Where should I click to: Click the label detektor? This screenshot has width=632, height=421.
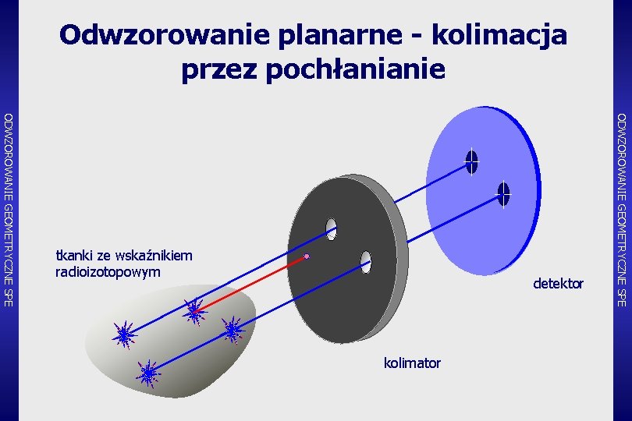coord(558,283)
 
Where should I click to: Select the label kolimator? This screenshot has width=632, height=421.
coord(412,363)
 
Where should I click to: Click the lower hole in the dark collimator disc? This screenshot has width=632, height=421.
coord(366,262)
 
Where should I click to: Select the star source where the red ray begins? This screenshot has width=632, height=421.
coord(193,312)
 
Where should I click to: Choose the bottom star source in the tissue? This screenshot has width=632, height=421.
coord(147,373)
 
